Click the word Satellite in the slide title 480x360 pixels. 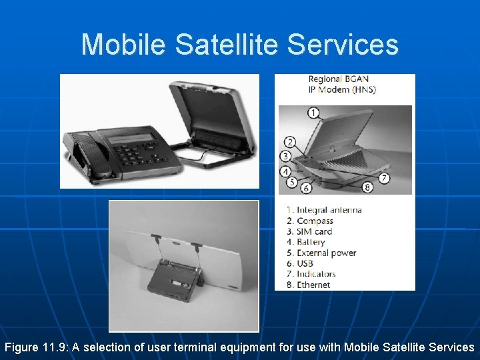pos(227,45)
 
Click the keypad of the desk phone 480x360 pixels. pos(137,153)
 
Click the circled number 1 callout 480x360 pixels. pos(313,113)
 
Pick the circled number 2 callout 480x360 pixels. pos(290,142)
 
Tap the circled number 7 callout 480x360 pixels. pos(384,178)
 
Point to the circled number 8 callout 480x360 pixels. pos(367,187)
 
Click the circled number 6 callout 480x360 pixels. pos(306,188)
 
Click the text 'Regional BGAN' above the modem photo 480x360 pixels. pos(338,79)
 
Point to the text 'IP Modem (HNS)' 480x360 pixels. pos(341,89)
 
